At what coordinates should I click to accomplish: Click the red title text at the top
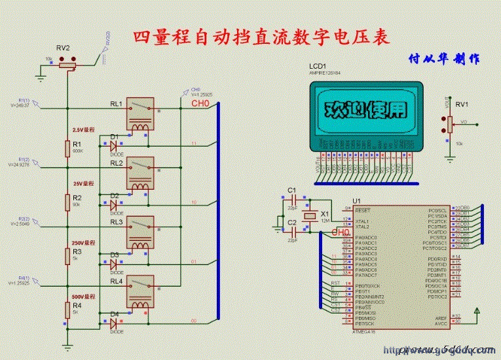point(261,37)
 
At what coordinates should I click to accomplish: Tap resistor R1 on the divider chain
point(67,149)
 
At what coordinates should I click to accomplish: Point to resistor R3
point(67,255)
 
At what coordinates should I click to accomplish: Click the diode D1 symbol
point(113,145)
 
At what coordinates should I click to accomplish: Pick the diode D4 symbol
point(113,323)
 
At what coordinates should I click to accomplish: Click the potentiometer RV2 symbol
point(67,62)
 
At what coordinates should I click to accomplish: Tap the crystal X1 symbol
point(322,215)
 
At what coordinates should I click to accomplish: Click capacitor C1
point(293,198)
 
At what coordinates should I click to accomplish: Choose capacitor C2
point(293,230)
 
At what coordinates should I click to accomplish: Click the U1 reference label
point(357,200)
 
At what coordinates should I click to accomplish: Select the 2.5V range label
point(83,130)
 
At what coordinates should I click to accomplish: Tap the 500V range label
point(83,297)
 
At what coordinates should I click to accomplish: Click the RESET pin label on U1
point(363,210)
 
